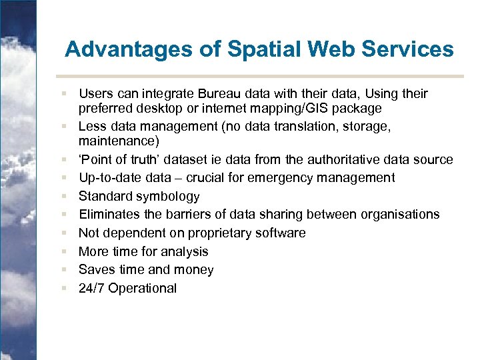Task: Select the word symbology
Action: (168, 197)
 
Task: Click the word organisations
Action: (401, 215)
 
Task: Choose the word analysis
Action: (183, 252)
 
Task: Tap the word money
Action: (193, 270)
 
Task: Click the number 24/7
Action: (91, 289)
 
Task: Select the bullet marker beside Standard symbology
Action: (63, 197)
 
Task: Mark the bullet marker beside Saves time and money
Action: (63, 270)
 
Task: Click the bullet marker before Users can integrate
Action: (63, 93)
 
